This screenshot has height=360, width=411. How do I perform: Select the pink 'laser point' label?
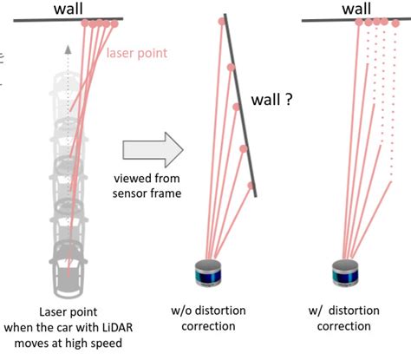136,54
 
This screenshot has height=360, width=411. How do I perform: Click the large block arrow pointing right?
152,148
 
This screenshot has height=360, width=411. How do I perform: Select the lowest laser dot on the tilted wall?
251,186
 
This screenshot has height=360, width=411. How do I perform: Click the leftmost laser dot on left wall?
85,23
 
